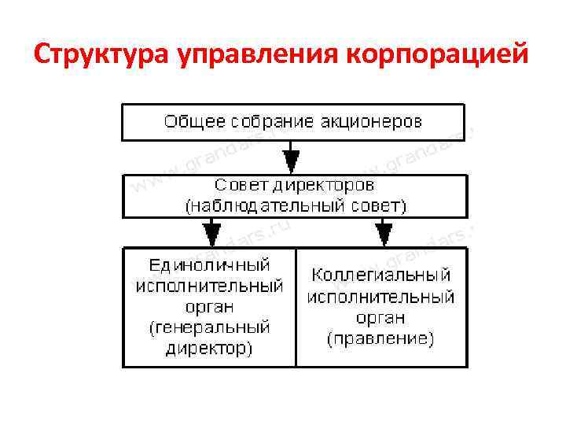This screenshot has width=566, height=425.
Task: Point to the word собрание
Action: point(272,122)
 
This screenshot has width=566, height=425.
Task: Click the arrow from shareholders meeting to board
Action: point(292,157)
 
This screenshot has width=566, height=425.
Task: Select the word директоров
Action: point(323,186)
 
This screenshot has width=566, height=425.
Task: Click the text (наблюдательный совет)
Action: point(295,207)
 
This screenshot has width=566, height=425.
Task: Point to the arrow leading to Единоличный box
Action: point(211,232)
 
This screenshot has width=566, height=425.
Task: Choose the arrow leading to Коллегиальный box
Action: point(384,232)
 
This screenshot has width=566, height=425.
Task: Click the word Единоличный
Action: point(209,264)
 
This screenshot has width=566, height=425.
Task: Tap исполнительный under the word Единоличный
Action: point(209,286)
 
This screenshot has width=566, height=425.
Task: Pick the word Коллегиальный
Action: point(381,275)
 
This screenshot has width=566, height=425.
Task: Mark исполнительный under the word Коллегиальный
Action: point(381,297)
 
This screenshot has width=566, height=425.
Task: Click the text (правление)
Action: point(381,339)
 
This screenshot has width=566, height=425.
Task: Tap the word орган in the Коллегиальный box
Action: point(381,318)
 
